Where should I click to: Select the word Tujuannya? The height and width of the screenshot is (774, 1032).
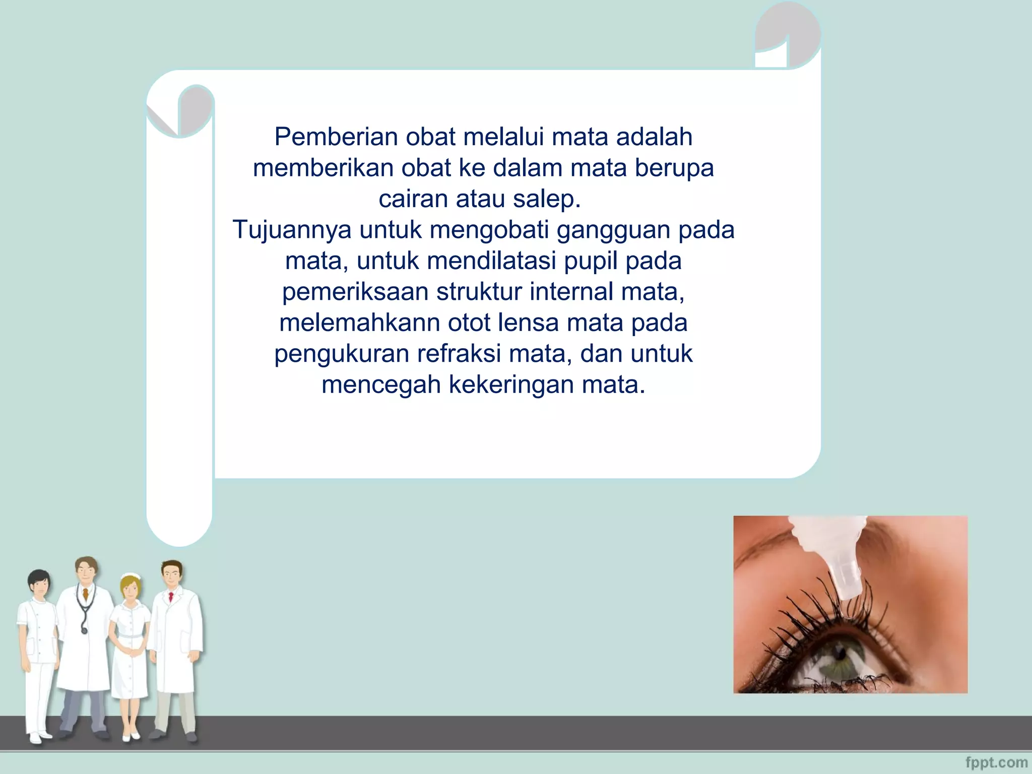click(292, 230)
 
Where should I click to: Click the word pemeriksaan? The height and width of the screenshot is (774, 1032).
click(355, 292)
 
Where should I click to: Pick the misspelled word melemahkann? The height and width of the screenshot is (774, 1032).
click(359, 323)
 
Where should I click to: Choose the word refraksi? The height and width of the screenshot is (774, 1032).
click(459, 354)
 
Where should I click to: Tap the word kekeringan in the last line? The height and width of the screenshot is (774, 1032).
click(511, 385)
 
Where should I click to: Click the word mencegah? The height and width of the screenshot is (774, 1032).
click(381, 385)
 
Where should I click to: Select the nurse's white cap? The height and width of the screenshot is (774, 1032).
click(130, 576)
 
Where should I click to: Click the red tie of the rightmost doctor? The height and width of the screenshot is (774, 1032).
click(171, 597)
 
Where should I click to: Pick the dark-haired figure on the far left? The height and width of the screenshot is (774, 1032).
click(38, 650)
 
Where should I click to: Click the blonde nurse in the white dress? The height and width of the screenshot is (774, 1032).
click(130, 650)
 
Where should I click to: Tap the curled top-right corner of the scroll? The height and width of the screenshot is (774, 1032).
click(787, 35)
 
